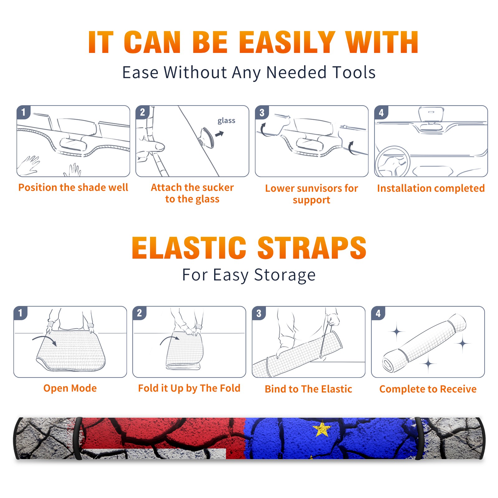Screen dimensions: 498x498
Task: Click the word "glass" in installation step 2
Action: [226, 121]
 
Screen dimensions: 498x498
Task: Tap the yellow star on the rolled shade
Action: [322, 429]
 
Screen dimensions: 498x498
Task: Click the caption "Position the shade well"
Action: [73, 187]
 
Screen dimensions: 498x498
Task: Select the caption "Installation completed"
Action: [431, 188]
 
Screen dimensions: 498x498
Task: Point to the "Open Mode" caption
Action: [70, 388]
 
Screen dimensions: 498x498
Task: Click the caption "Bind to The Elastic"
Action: [308, 389]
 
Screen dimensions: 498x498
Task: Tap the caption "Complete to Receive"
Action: [428, 389]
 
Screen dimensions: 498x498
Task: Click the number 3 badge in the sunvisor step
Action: [262, 113]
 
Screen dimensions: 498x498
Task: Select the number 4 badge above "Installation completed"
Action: [381, 113]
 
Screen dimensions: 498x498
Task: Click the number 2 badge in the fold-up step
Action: [139, 313]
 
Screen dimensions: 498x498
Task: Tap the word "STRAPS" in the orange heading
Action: [312, 248]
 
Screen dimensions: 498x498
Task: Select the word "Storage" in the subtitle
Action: [285, 275]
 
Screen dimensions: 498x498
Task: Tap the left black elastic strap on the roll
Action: [78, 439]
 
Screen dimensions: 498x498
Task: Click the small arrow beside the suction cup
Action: [219, 134]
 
